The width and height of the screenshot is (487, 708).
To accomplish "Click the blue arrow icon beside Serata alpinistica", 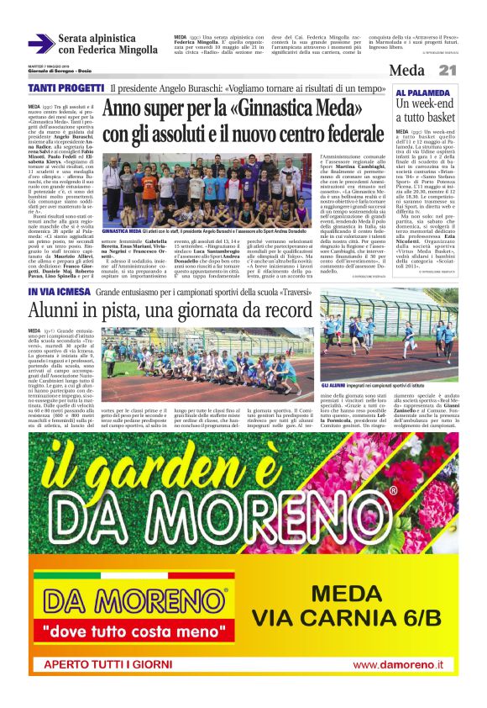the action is point(40,44).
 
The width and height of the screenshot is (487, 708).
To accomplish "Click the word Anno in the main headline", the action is point(127,109).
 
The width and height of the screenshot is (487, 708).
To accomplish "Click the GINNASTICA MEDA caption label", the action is point(122,230).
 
